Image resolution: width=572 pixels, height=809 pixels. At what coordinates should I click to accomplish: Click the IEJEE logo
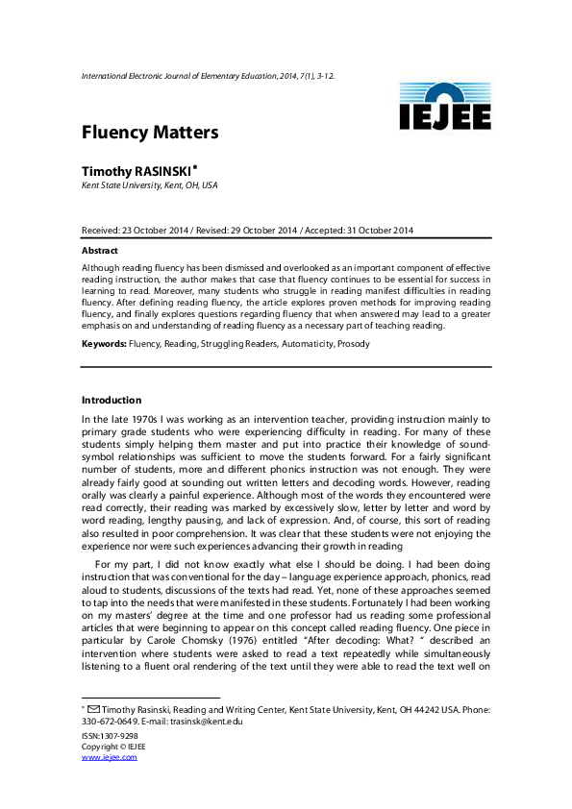(445, 107)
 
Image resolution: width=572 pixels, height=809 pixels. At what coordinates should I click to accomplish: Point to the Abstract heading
(100, 250)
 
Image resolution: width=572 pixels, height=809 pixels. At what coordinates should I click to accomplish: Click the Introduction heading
(112, 400)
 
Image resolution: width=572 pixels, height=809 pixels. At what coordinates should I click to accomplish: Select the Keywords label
(104, 343)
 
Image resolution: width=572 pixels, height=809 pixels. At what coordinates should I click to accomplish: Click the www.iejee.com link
(109, 757)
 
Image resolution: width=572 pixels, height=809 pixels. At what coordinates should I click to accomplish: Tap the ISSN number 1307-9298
(119, 735)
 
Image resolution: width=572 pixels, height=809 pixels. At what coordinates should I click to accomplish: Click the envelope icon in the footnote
(94, 709)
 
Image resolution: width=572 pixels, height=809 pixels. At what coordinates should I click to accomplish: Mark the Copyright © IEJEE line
(113, 746)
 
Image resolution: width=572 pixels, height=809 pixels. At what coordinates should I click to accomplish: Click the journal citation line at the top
(208, 74)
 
